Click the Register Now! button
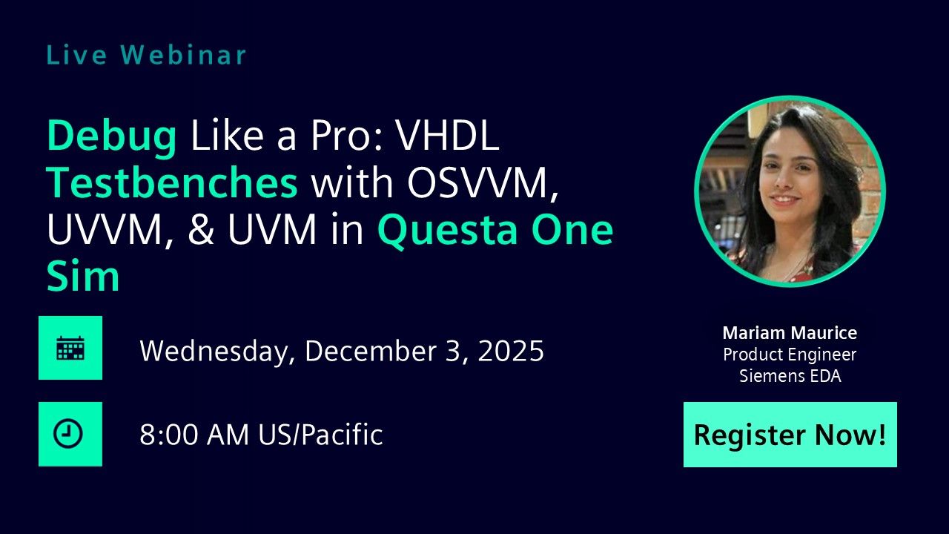pyautogui.click(x=790, y=435)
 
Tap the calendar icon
pyautogui.click(x=70, y=348)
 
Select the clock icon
pyautogui.click(x=70, y=435)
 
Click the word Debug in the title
pyautogui.click(x=112, y=138)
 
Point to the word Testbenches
pyautogui.click(x=172, y=184)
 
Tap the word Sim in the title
pyautogui.click(x=83, y=277)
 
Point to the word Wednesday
pyautogui.click(x=214, y=352)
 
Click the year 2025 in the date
pyautogui.click(x=511, y=350)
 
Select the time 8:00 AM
pyautogui.click(x=195, y=435)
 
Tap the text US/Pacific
pyautogui.click(x=320, y=435)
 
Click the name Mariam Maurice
pyautogui.click(x=790, y=333)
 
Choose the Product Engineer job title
pyautogui.click(x=790, y=355)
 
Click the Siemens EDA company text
pyautogui.click(x=790, y=376)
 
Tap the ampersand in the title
pyautogui.click(x=200, y=231)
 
